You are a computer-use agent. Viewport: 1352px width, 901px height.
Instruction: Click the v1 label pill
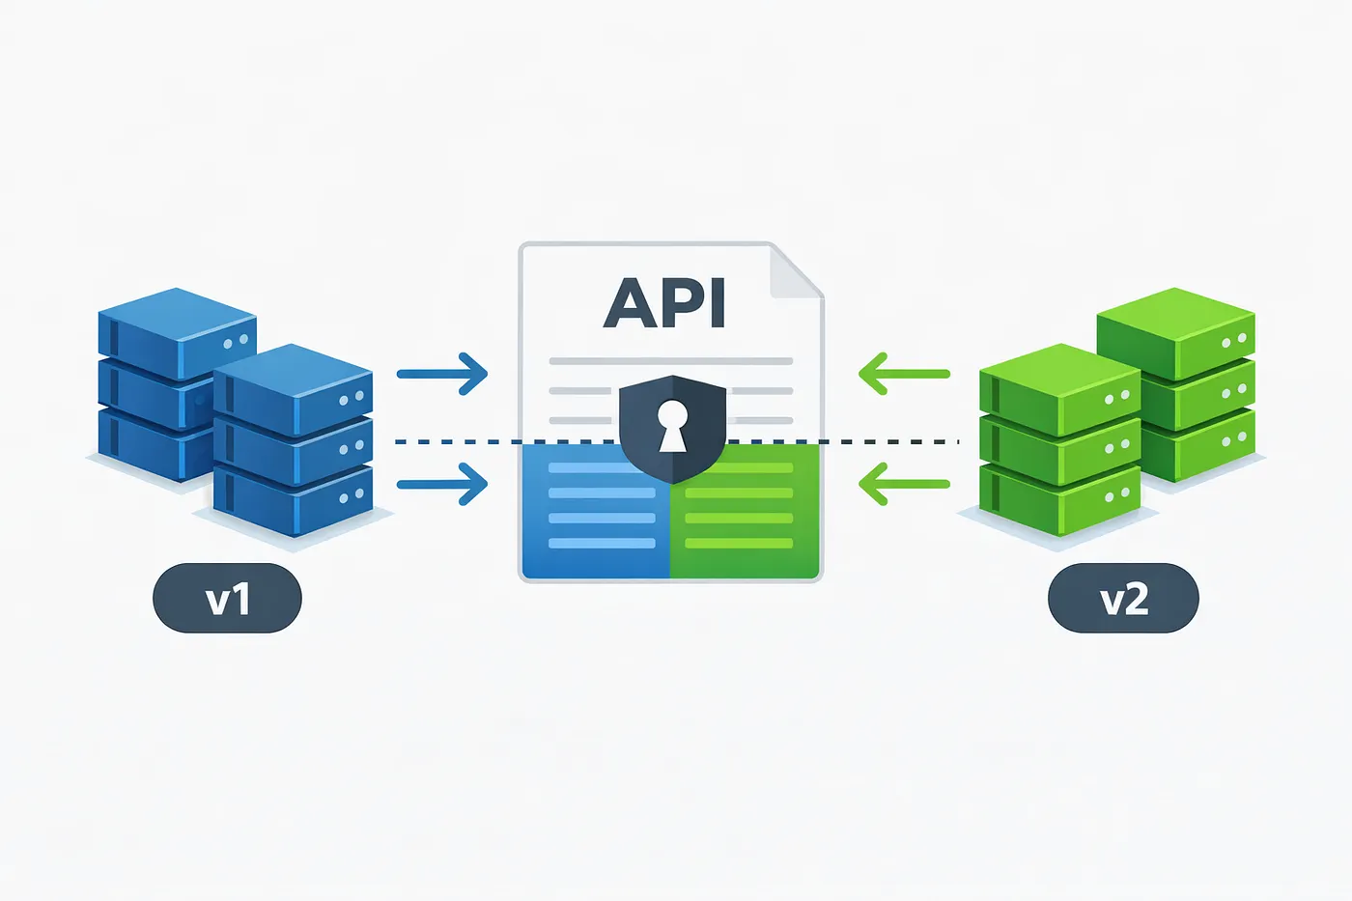(227, 599)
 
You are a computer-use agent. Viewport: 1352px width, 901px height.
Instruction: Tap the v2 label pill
(1123, 599)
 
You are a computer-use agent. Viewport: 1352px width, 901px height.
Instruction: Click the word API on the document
(664, 303)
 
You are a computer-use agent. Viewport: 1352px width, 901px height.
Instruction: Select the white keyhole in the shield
(672, 425)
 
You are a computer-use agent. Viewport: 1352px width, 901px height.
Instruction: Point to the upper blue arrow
(442, 374)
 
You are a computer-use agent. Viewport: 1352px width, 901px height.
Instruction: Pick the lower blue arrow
(442, 484)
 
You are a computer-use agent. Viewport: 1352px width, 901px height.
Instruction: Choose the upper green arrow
(904, 374)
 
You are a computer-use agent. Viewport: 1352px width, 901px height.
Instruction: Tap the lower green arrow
(904, 484)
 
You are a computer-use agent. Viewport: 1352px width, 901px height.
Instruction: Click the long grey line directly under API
(670, 361)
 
